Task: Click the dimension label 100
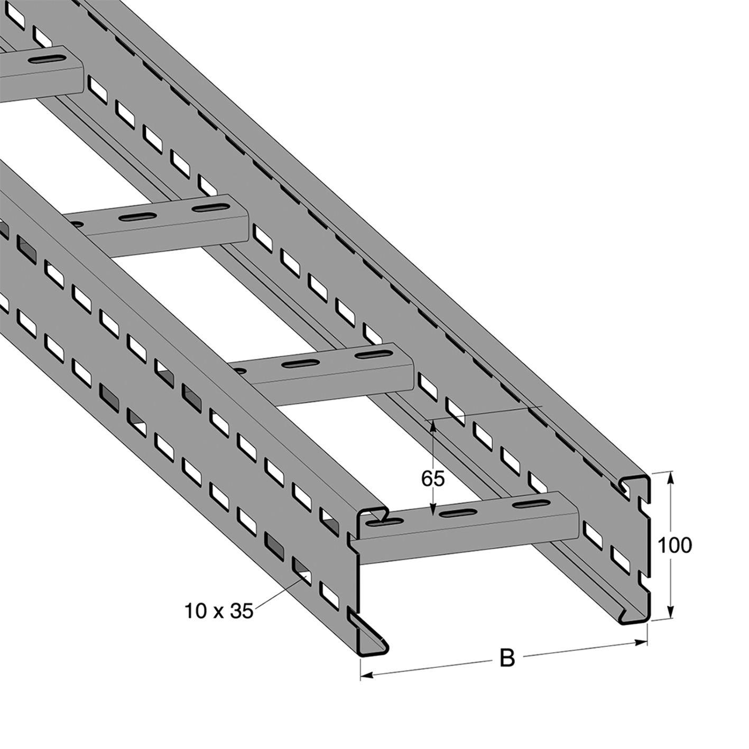[x=674, y=545]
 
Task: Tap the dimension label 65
[x=432, y=479]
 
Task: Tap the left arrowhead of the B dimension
[x=367, y=687]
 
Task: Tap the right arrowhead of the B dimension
[x=641, y=643]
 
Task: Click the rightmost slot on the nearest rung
[x=531, y=504]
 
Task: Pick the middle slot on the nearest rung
[x=457, y=513]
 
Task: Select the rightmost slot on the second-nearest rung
[x=374, y=355]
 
